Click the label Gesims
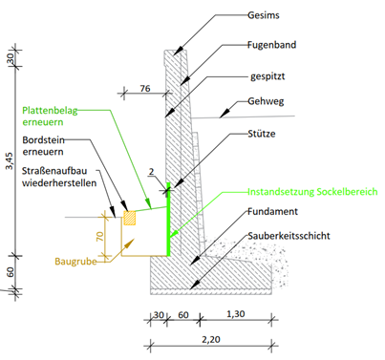[x=264, y=15]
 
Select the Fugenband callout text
[x=271, y=45]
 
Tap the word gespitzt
[x=267, y=76]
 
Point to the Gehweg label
[x=266, y=102]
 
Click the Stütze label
[x=262, y=134]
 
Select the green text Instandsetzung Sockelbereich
[x=312, y=192]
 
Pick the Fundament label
[x=272, y=211]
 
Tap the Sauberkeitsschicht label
[x=289, y=236]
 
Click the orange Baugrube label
[x=75, y=262]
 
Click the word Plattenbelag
[x=50, y=111]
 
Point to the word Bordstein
[x=44, y=140]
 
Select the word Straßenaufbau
[x=54, y=171]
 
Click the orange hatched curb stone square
[x=130, y=218]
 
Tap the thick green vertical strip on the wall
[x=168, y=220]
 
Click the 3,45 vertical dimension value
[x=11, y=160]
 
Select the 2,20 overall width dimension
[x=211, y=340]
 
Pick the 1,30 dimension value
[x=236, y=314]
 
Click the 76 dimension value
[x=145, y=88]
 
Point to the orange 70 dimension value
[x=99, y=236]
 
